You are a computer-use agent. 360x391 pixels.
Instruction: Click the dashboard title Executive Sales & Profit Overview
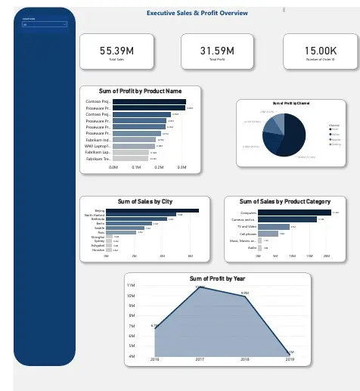pos(197,14)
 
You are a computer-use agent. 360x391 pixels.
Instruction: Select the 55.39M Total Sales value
pos(116,51)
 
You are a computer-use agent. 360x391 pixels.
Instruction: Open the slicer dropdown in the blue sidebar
pos(45,24)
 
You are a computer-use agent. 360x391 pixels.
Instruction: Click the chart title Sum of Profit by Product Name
pos(141,91)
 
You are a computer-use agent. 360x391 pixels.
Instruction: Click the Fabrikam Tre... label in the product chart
pos(98,160)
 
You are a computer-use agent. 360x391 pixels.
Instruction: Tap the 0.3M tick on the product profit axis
pos(182,169)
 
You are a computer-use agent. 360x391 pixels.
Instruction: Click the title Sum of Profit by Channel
pos(291,103)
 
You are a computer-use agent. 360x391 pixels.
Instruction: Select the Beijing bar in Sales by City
pos(151,210)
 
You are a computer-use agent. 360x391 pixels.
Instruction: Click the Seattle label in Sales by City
pos(100,228)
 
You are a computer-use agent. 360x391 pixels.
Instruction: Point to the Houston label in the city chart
pos(98,250)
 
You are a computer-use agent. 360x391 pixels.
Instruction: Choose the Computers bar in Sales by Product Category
pos(287,213)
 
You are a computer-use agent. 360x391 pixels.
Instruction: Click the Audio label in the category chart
pos(252,248)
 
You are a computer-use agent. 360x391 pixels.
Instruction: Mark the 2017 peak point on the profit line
pos(200,288)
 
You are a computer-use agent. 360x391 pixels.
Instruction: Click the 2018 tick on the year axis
pos(244,360)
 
